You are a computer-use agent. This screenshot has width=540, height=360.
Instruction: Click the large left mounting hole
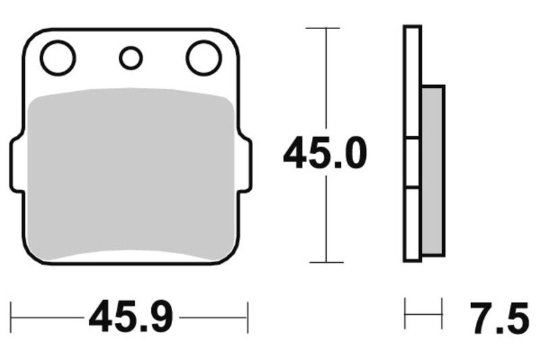57,58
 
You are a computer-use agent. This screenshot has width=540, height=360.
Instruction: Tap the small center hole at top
131,58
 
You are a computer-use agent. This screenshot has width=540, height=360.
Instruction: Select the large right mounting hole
204,58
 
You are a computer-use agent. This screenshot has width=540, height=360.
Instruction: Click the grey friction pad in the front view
132,176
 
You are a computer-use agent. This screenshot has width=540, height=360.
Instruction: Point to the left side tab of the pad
16,164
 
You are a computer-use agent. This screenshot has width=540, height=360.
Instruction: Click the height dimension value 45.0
325,153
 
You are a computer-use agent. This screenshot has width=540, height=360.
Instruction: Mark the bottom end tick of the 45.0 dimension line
325,262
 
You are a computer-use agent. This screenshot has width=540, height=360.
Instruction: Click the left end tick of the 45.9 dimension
11,317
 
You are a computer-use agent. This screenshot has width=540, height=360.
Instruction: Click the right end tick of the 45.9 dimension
248,317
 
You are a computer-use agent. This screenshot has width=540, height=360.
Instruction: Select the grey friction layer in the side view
432,170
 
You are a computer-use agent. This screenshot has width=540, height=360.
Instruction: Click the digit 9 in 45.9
161,317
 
